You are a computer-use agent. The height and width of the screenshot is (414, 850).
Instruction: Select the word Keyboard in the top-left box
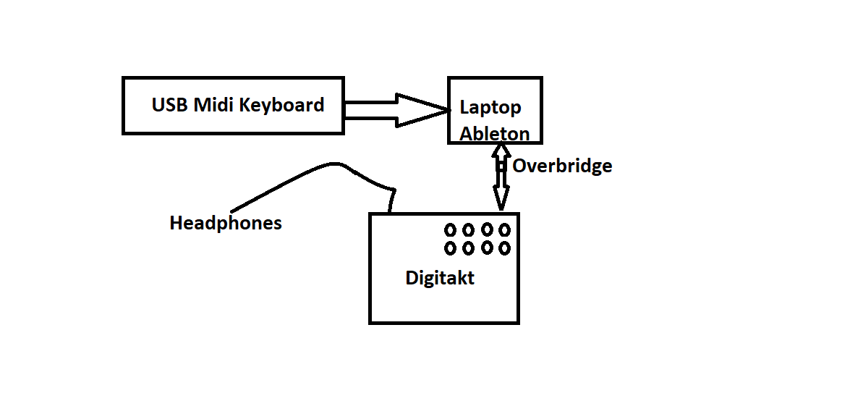pyautogui.click(x=281, y=106)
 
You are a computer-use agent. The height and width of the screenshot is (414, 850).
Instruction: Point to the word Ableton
pyautogui.click(x=495, y=133)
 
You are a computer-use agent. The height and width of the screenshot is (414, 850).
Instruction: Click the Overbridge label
pyautogui.click(x=562, y=166)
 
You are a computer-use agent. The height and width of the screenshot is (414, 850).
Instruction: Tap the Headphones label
pyautogui.click(x=226, y=223)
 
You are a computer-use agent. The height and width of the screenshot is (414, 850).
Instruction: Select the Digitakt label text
pyautogui.click(x=440, y=278)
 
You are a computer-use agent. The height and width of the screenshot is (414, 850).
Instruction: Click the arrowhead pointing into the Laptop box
pyautogui.click(x=422, y=111)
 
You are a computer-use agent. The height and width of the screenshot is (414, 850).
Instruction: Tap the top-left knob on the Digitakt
pyautogui.click(x=450, y=230)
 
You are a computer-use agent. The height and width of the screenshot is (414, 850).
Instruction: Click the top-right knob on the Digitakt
pyautogui.click(x=505, y=230)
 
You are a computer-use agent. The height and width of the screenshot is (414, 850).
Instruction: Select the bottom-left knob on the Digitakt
pyautogui.click(x=450, y=248)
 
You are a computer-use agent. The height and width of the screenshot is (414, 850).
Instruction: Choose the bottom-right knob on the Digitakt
pyautogui.click(x=505, y=248)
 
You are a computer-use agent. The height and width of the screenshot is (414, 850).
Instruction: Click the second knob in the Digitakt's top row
pyautogui.click(x=468, y=230)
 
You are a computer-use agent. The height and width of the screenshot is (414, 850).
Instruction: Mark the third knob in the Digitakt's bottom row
pyautogui.click(x=487, y=248)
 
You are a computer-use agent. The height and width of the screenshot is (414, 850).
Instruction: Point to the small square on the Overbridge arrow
pyautogui.click(x=500, y=166)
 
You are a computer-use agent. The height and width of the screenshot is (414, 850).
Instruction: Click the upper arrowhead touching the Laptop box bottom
pyautogui.click(x=500, y=151)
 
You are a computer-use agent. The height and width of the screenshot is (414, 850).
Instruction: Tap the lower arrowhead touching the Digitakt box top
pyautogui.click(x=500, y=203)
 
